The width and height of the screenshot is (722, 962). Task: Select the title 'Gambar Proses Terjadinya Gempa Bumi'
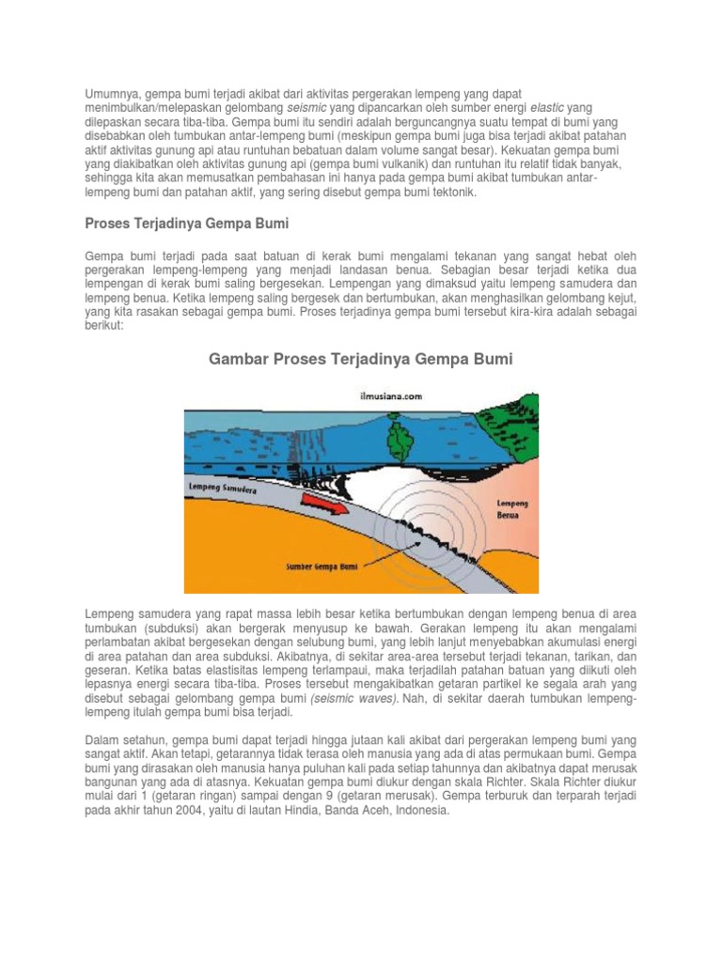click(360, 359)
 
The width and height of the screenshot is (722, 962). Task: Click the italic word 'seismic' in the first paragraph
click(305, 110)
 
